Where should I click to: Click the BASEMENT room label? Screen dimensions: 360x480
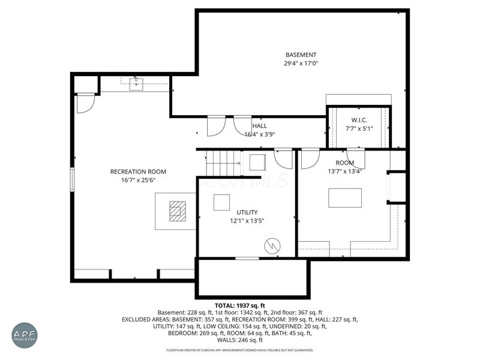[301, 55]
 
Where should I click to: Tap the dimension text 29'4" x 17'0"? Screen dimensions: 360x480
[301, 63]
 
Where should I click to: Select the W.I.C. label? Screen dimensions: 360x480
[359, 120]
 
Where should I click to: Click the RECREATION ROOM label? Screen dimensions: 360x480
[138, 172]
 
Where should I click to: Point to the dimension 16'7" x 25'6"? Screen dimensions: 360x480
[138, 180]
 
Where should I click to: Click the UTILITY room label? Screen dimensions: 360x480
[247, 212]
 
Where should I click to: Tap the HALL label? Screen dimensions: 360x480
[260, 126]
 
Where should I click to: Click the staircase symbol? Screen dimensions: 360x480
[223, 162]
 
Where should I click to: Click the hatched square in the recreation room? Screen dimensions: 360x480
[178, 211]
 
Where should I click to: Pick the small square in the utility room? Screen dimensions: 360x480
[221, 203]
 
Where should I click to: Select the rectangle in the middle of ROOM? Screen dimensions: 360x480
[345, 198]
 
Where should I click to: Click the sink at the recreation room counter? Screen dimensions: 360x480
[136, 83]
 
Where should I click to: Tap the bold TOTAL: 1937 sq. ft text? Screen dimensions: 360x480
[239, 305]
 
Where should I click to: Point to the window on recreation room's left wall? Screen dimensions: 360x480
[73, 179]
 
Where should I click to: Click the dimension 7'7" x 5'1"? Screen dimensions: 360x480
[359, 128]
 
